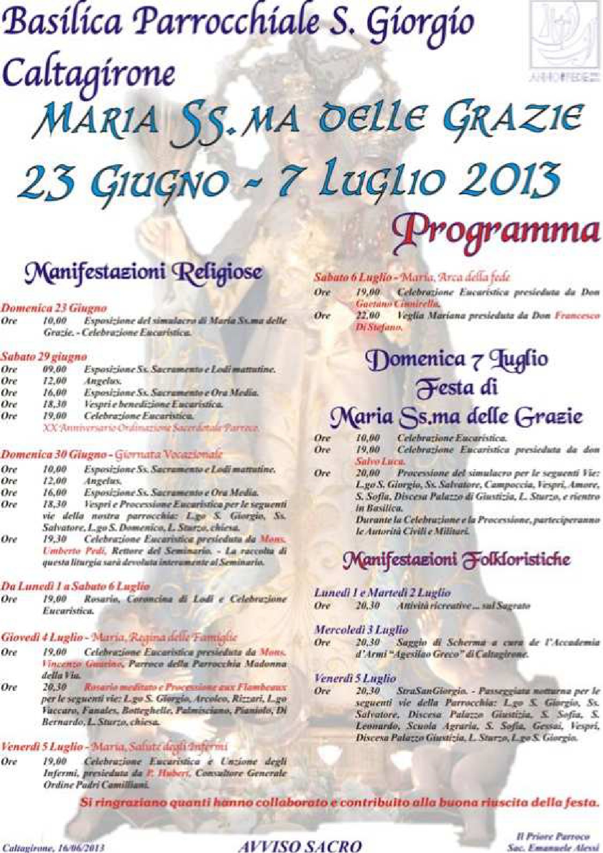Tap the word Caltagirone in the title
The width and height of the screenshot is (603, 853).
(x=89, y=72)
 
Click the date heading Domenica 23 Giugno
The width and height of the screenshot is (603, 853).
(x=54, y=308)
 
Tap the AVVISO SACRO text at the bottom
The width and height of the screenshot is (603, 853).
(x=300, y=845)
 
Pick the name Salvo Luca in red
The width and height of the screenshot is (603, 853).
(x=380, y=462)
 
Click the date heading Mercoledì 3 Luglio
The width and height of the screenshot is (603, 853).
(x=361, y=630)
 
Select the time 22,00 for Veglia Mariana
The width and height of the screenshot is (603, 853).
(x=368, y=315)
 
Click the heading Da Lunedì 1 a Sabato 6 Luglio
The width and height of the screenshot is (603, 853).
(x=75, y=586)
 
